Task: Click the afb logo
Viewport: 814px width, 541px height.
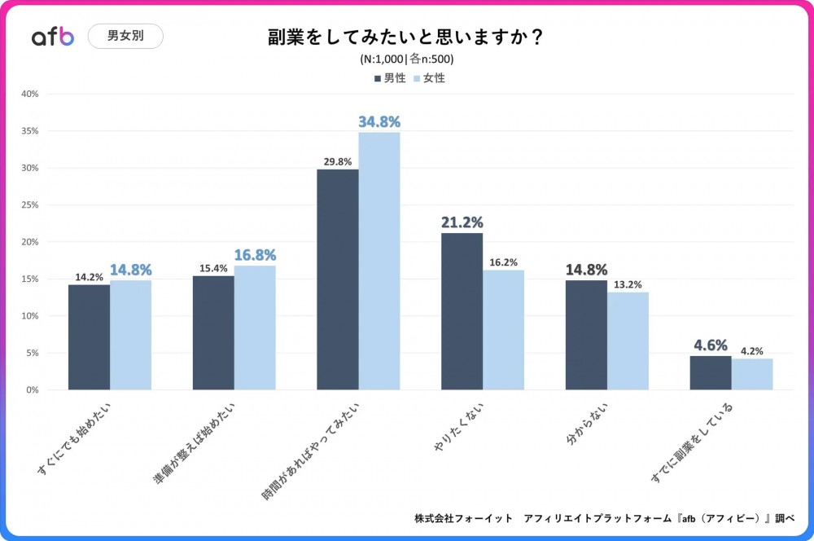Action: coord(52,37)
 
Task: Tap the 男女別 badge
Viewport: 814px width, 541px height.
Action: coord(125,36)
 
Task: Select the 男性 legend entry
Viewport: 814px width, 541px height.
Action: coord(390,78)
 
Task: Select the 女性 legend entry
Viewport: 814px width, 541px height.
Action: coord(430,78)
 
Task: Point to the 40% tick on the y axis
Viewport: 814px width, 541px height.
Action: coord(29,94)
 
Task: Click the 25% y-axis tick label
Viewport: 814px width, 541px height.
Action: coord(29,205)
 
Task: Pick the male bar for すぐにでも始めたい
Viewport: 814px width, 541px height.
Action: coord(89,336)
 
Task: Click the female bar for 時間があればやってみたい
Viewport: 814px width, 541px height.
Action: coord(379,261)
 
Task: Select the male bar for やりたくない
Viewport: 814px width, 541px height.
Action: coord(462,311)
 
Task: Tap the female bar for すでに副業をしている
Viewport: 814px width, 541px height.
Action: coord(752,374)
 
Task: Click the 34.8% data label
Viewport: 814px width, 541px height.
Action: coord(379,121)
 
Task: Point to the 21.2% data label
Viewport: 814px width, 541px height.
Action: coord(462,222)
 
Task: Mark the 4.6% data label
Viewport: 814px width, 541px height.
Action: coord(711,345)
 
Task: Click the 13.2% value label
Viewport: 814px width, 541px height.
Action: coord(628,284)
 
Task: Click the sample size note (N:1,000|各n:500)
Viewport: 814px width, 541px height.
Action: coord(406,59)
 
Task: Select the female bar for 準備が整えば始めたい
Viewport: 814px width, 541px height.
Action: coord(255,328)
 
